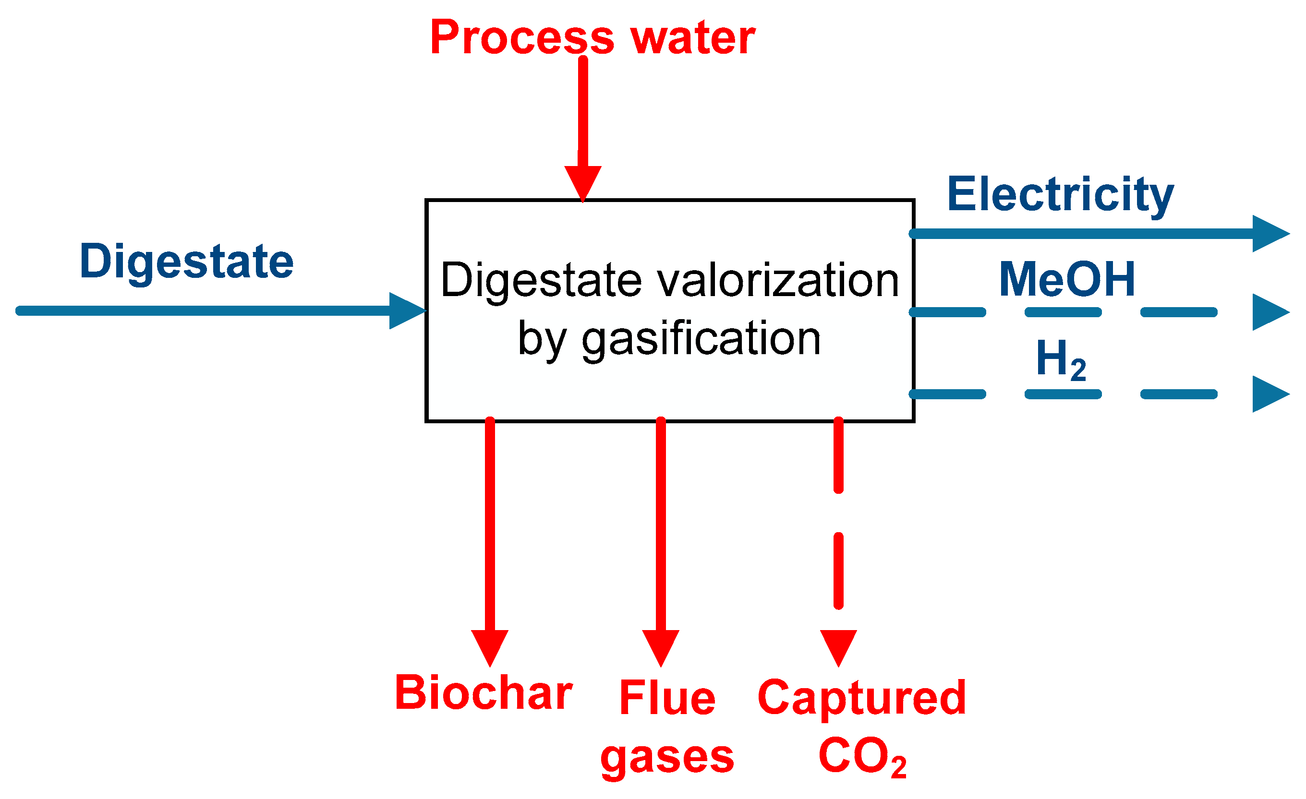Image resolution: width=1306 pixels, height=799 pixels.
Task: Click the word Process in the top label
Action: point(522,38)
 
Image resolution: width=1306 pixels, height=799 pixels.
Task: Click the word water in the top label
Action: point(693,38)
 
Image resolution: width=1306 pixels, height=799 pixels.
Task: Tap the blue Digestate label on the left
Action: point(187,261)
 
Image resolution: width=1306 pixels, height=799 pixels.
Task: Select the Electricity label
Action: point(1060,195)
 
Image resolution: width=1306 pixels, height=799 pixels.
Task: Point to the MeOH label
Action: point(1066,279)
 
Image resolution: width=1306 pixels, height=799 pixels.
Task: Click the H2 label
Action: point(1061,360)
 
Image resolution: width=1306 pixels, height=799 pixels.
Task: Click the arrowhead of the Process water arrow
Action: point(582,181)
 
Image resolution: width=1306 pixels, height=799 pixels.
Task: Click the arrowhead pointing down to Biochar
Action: point(490,645)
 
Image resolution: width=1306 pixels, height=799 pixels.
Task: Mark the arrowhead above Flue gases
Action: point(660,645)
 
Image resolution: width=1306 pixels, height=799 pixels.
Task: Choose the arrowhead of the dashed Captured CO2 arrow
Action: point(838,645)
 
